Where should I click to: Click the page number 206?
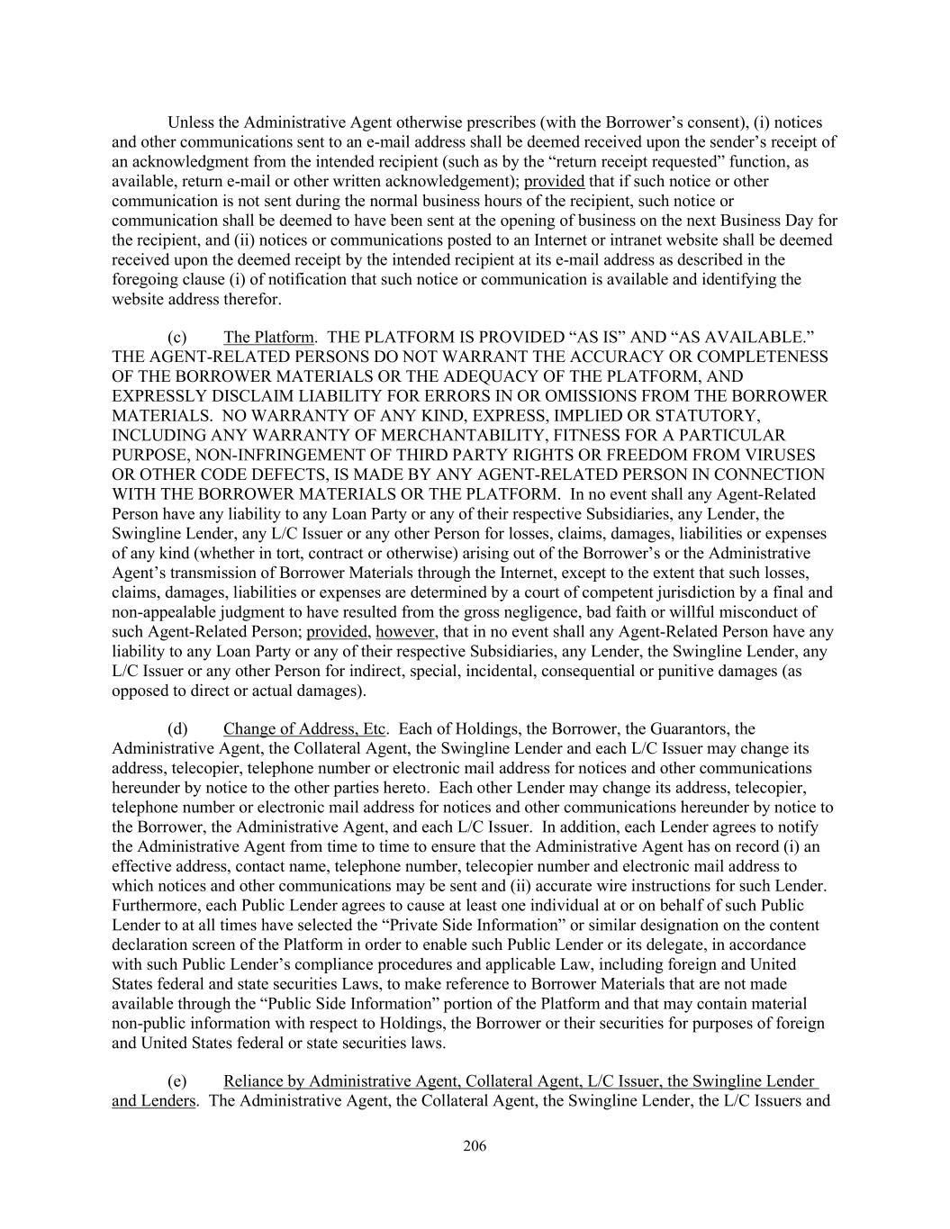[x=475, y=1146]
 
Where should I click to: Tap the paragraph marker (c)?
[x=177, y=338]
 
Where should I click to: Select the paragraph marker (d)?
[x=177, y=729]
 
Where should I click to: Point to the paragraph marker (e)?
[x=177, y=1081]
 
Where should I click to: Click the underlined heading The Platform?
[x=268, y=338]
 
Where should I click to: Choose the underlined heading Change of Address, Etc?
[x=304, y=729]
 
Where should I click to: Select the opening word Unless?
[x=191, y=122]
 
